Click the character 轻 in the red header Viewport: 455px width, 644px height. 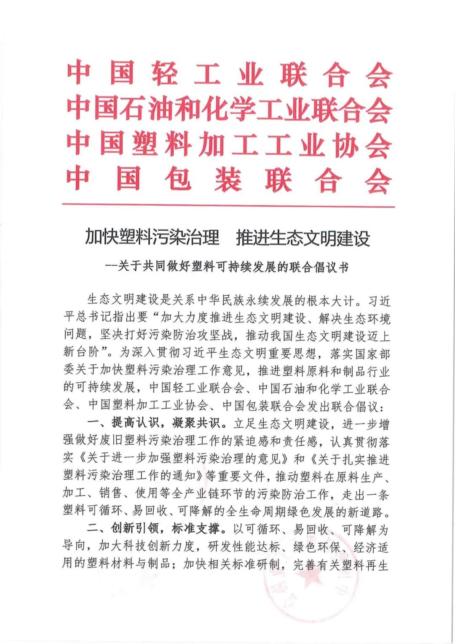pos(165,74)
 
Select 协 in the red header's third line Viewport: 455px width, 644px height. pos(345,145)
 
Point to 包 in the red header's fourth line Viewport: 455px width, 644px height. pos(179,180)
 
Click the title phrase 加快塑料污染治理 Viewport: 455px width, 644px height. pos(152,237)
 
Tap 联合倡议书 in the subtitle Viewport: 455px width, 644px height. pos(319,267)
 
